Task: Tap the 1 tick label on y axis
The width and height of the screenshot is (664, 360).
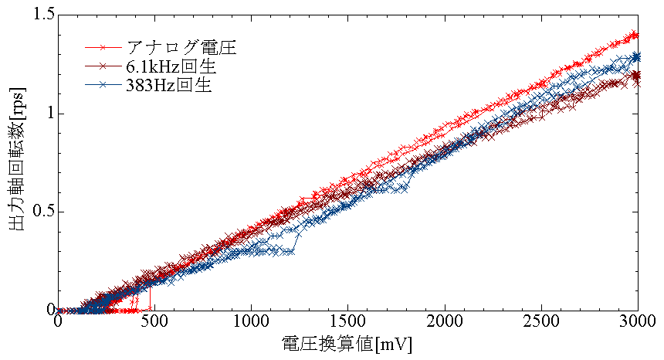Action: point(49,113)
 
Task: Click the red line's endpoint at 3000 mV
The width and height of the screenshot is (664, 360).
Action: point(636,34)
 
